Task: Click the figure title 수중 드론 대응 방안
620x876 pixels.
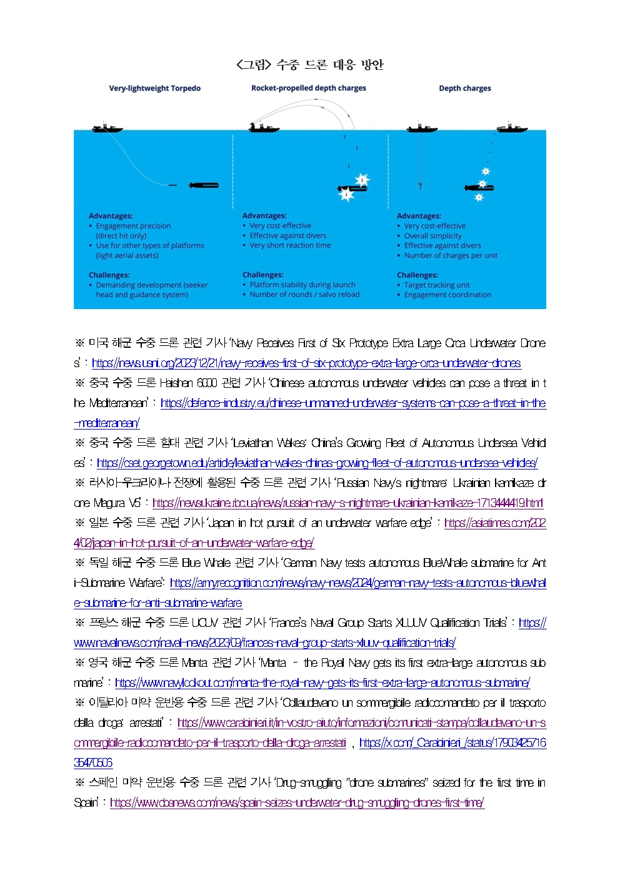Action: tap(310, 64)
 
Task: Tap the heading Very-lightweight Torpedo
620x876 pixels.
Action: tap(154, 88)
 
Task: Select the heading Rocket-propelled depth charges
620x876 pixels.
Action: tap(309, 88)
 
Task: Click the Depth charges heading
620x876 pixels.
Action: tap(464, 88)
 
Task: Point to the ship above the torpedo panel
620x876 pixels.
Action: tap(107, 128)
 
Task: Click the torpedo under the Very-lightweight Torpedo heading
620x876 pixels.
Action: tap(203, 185)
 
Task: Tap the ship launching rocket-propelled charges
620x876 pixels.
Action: tap(263, 128)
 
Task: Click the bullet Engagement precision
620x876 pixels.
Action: tap(133, 226)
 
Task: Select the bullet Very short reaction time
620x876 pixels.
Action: tap(290, 245)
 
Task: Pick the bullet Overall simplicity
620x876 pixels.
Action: tap(432, 236)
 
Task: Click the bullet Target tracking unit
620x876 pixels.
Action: tap(436, 285)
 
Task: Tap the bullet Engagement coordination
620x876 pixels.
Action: tap(447, 295)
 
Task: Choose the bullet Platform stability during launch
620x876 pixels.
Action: tap(302, 285)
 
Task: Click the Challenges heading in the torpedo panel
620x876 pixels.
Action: tap(109, 275)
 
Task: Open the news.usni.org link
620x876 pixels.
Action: tap(306, 363)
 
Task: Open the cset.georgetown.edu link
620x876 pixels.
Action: tap(317, 463)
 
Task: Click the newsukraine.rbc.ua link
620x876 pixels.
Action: tap(347, 503)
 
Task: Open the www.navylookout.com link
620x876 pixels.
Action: tap(322, 683)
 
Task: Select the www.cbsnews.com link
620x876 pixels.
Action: tap(297, 803)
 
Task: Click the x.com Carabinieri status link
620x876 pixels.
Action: tap(452, 743)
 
